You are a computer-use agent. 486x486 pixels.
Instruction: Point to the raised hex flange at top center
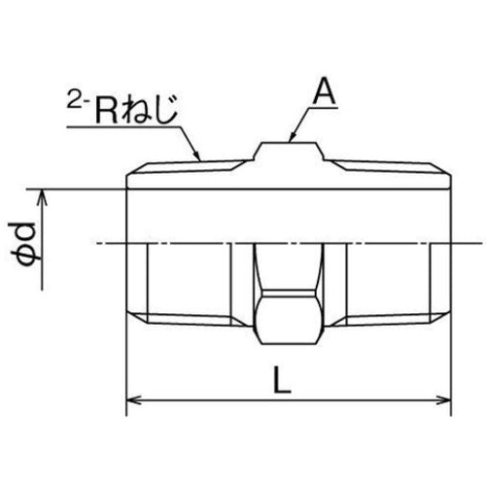289,153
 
